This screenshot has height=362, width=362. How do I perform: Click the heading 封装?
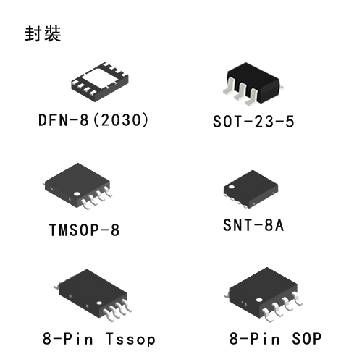[x=43, y=33]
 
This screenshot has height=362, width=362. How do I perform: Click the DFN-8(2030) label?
[x=93, y=120]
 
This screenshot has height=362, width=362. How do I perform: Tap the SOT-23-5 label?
[x=253, y=121]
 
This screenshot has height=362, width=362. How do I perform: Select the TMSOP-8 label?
[x=84, y=230]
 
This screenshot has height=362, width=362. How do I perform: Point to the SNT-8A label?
[x=253, y=225]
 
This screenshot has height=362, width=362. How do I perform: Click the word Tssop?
[x=130, y=339]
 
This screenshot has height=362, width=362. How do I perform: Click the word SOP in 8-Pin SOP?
[x=306, y=338]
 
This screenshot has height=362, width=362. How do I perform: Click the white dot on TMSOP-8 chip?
[x=77, y=194]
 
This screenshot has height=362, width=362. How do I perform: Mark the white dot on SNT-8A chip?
[x=232, y=187]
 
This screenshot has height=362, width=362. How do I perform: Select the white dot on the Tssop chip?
[x=99, y=303]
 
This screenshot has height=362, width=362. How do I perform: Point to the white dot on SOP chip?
[x=259, y=300]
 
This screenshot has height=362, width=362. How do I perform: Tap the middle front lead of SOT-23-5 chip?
[x=241, y=92]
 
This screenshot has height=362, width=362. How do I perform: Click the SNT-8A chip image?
[x=251, y=189]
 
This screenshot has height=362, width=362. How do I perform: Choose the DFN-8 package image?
[x=100, y=82]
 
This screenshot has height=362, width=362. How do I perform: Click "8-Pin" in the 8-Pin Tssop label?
[x=68, y=338]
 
